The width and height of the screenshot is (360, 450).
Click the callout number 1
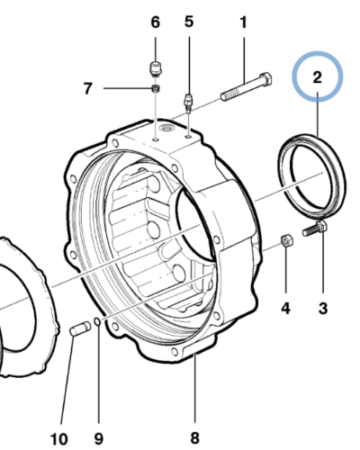click(x=244, y=22)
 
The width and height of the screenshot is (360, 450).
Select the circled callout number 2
click(x=318, y=77)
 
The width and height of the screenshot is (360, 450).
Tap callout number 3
click(x=323, y=309)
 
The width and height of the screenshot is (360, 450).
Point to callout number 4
click(x=285, y=309)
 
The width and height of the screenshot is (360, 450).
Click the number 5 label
click(x=189, y=22)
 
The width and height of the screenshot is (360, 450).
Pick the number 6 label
click(x=155, y=22)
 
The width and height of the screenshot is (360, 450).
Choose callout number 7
click(x=87, y=88)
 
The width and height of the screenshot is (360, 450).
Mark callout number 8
click(x=194, y=437)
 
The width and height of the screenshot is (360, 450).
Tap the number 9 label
click(x=98, y=439)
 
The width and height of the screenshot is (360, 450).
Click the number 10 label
click(x=59, y=439)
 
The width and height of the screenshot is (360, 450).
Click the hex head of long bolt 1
click(x=265, y=79)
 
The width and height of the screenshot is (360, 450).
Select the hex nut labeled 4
click(x=287, y=240)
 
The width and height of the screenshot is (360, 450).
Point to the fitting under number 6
click(x=156, y=68)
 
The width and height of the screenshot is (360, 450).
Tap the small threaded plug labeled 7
click(x=156, y=88)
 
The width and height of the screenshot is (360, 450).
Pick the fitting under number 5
click(x=188, y=103)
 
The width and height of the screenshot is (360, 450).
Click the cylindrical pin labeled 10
click(x=80, y=328)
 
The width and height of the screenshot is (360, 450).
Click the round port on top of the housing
click(x=166, y=129)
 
